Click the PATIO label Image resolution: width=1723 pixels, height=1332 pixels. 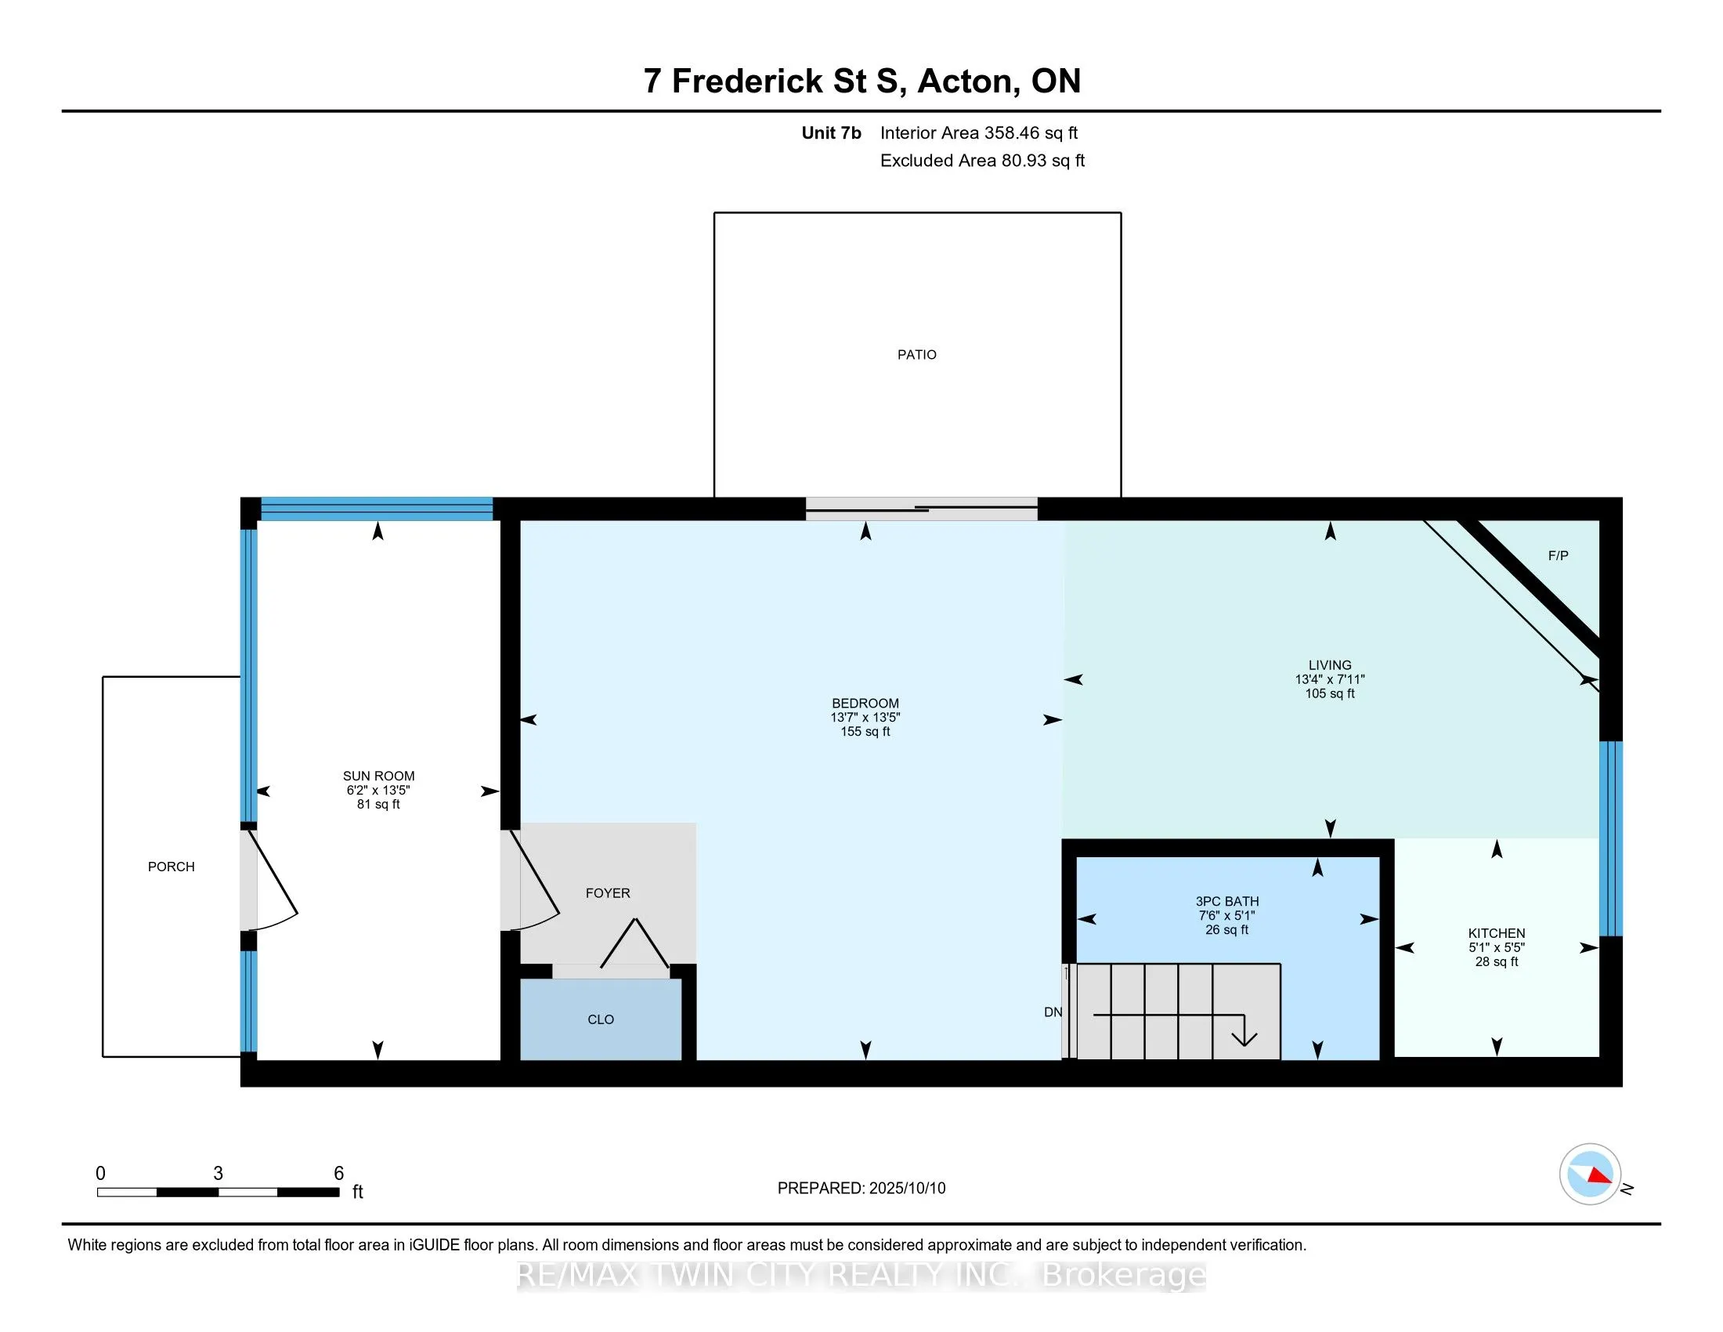[x=917, y=355]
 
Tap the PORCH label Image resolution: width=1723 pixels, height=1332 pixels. [x=172, y=867]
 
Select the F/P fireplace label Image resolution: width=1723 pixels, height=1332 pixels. [x=1558, y=556]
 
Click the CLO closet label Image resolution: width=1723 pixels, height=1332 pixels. [x=601, y=1019]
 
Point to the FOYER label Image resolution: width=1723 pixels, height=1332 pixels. [x=608, y=893]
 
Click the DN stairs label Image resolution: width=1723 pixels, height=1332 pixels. [x=1053, y=1012]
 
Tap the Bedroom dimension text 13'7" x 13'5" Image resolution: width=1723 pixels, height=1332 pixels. [x=865, y=717]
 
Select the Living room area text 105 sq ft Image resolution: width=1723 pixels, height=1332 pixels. [x=1330, y=693]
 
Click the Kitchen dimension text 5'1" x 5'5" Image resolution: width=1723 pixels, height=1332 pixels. [x=1497, y=948]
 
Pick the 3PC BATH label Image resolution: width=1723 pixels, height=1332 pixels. [x=1226, y=901]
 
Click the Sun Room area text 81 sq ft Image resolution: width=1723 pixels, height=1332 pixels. [x=379, y=804]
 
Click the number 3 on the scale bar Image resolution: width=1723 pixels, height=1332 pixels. [x=219, y=1174]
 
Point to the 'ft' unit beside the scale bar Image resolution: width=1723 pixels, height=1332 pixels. [x=357, y=1192]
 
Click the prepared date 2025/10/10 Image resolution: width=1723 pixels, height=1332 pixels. [x=906, y=1189]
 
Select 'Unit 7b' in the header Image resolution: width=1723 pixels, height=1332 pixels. [x=832, y=132]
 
